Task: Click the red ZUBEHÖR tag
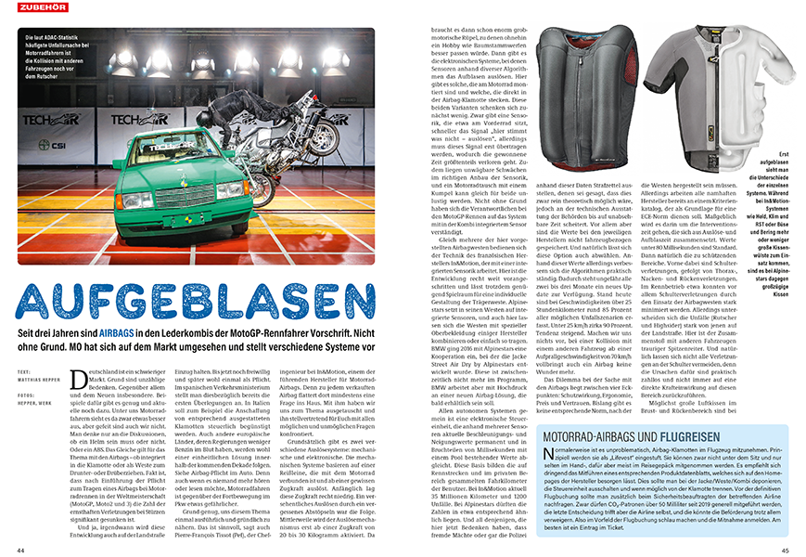tap(32, 10)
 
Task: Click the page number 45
tap(786, 549)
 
